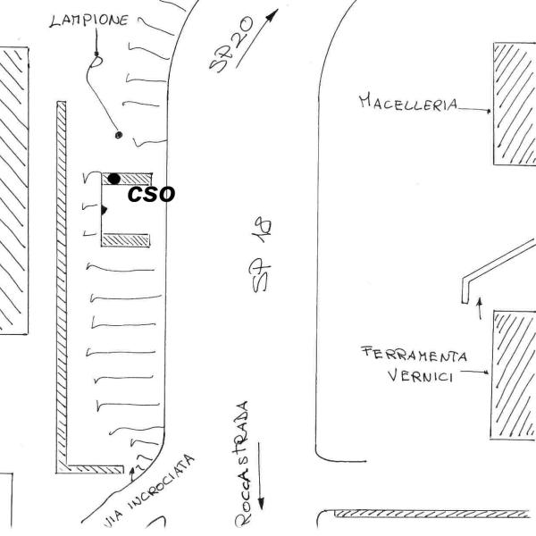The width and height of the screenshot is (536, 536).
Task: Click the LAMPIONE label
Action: pos(89,20)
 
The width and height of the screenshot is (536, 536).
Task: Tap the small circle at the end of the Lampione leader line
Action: pos(119,135)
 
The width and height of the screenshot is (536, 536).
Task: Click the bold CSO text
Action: pos(151,195)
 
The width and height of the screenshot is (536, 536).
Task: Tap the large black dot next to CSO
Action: pos(114,180)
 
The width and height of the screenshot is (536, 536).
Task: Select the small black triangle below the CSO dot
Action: pos(104,210)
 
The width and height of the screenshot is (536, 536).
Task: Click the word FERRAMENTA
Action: pos(414,355)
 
